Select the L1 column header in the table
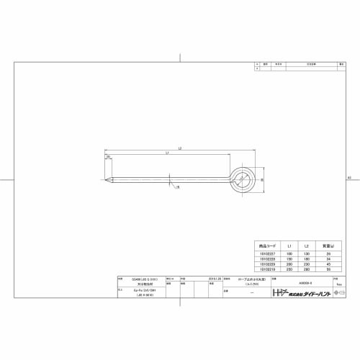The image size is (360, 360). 289,245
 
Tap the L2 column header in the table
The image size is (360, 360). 307,245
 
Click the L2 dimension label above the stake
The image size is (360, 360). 179,148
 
